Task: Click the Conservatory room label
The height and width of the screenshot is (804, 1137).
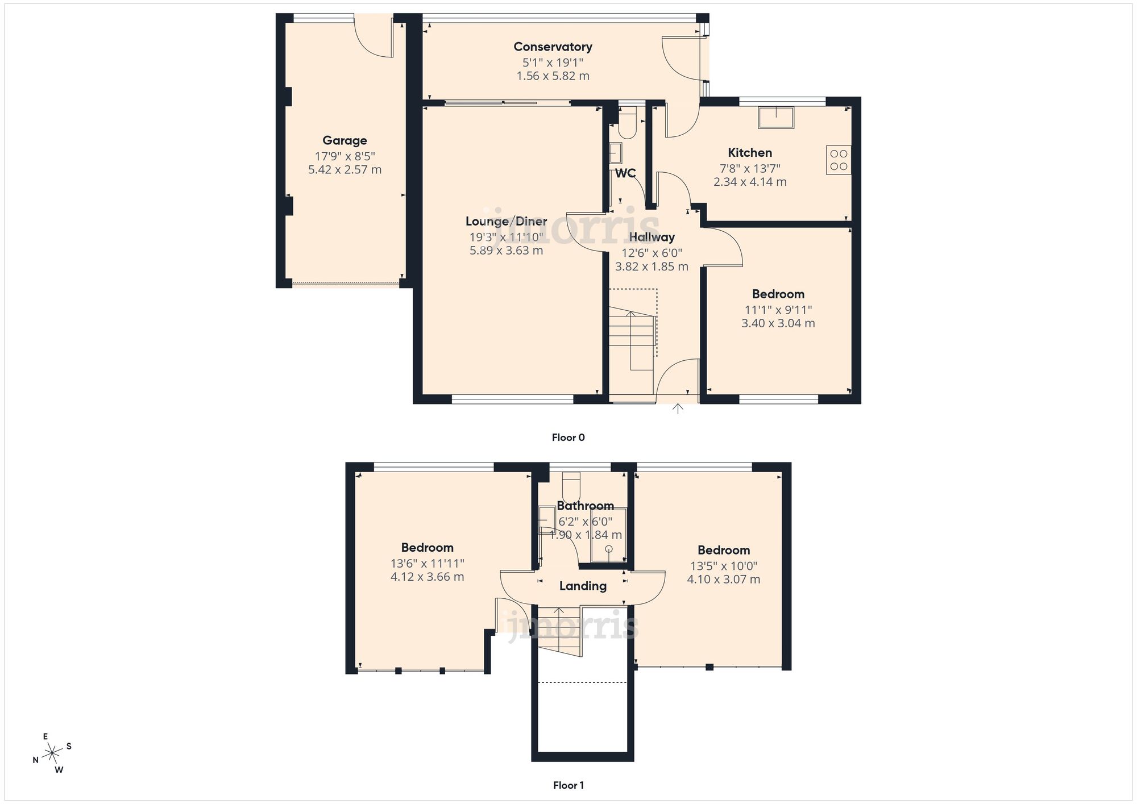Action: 553,47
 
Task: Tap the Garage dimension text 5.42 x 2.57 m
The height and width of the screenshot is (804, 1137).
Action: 345,169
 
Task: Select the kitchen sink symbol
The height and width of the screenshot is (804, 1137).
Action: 775,117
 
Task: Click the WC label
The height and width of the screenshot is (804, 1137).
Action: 625,173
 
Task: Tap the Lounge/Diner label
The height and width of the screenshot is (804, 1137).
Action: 506,221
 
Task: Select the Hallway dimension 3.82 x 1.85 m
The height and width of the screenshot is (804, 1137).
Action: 652,266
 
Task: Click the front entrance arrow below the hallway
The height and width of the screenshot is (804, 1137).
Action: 678,408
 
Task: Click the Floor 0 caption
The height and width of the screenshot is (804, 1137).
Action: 568,438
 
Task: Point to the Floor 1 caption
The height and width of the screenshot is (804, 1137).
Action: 568,785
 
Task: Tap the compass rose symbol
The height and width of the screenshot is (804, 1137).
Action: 52,754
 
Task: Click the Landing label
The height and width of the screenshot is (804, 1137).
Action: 583,586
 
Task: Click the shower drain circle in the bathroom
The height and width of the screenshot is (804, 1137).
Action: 608,549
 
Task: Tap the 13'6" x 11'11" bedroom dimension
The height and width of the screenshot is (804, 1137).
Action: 427,563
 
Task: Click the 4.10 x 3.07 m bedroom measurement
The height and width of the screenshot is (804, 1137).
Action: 723,580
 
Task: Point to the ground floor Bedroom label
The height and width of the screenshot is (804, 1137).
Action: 778,294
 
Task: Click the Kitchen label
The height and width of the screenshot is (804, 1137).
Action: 750,152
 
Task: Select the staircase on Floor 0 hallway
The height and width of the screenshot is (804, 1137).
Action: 632,335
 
